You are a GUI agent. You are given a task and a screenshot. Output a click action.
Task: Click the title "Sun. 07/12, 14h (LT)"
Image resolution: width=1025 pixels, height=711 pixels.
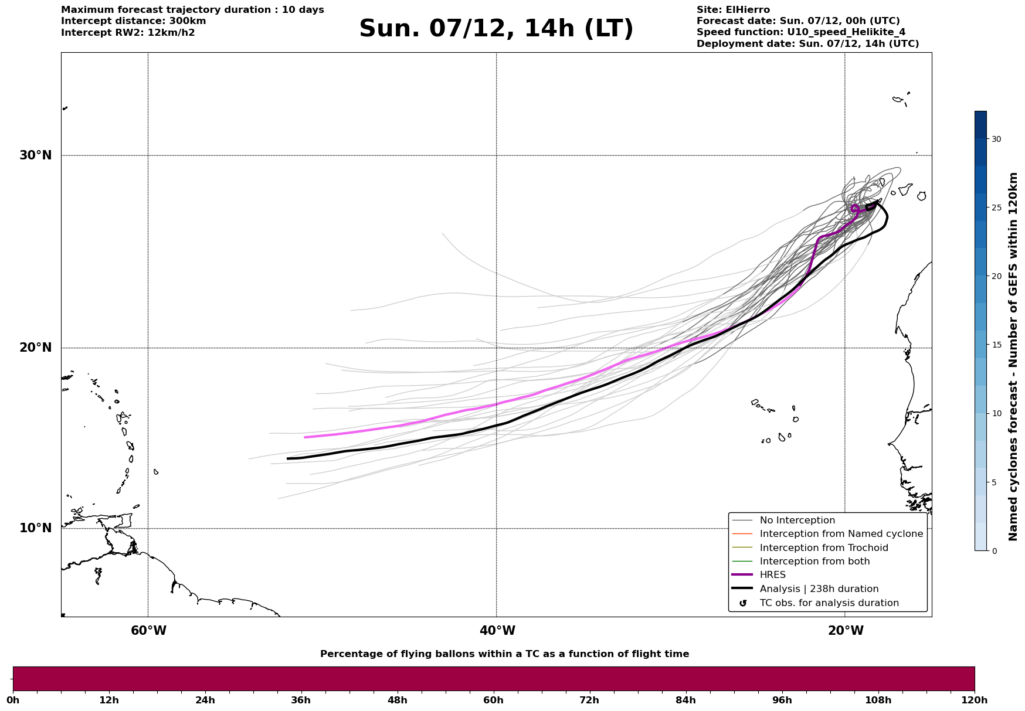pos(496,29)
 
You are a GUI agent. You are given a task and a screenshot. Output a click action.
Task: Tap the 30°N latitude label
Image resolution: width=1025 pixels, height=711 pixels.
pos(36,155)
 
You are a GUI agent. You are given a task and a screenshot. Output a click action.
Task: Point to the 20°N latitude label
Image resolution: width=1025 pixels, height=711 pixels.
pos(36,348)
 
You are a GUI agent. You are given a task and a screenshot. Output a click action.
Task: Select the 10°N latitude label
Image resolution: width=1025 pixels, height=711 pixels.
pos(36,528)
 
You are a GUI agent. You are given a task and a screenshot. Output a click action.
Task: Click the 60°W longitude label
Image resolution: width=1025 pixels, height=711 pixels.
pos(148,631)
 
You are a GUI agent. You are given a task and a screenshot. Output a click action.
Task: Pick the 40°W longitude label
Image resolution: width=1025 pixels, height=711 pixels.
pos(497,631)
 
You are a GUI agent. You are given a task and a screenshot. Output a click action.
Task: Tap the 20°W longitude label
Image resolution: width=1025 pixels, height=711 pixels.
pos(846,631)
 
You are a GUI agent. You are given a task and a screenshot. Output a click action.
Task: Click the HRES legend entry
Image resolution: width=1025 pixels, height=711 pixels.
pos(772,575)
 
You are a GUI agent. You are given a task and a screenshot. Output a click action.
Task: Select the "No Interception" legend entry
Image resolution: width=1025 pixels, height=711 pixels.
pos(797,521)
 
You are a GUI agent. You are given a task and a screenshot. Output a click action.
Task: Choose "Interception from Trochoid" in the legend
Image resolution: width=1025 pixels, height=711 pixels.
pos(823,548)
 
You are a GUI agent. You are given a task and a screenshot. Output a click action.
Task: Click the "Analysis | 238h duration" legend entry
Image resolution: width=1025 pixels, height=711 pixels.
pos(819,589)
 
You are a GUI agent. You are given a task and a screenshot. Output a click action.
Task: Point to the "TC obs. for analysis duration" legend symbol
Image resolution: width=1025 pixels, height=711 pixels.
pos(743,603)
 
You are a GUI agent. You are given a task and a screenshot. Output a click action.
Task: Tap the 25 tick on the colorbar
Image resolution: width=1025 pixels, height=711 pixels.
pos(996,207)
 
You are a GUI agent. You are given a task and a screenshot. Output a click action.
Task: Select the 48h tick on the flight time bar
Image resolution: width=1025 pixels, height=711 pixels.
pos(397,700)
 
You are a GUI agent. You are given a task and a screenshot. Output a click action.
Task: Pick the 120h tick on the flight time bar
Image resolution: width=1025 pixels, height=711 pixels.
pos(975,700)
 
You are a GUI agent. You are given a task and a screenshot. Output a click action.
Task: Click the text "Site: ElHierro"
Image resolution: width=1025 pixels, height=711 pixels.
pos(733,10)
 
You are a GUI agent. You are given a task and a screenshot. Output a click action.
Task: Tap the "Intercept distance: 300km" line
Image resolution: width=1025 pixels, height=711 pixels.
pos(134,21)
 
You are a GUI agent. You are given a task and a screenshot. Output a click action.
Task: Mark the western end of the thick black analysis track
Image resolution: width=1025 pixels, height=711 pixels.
pos(287,458)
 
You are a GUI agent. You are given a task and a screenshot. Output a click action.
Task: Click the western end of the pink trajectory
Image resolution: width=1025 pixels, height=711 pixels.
pos(305,437)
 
